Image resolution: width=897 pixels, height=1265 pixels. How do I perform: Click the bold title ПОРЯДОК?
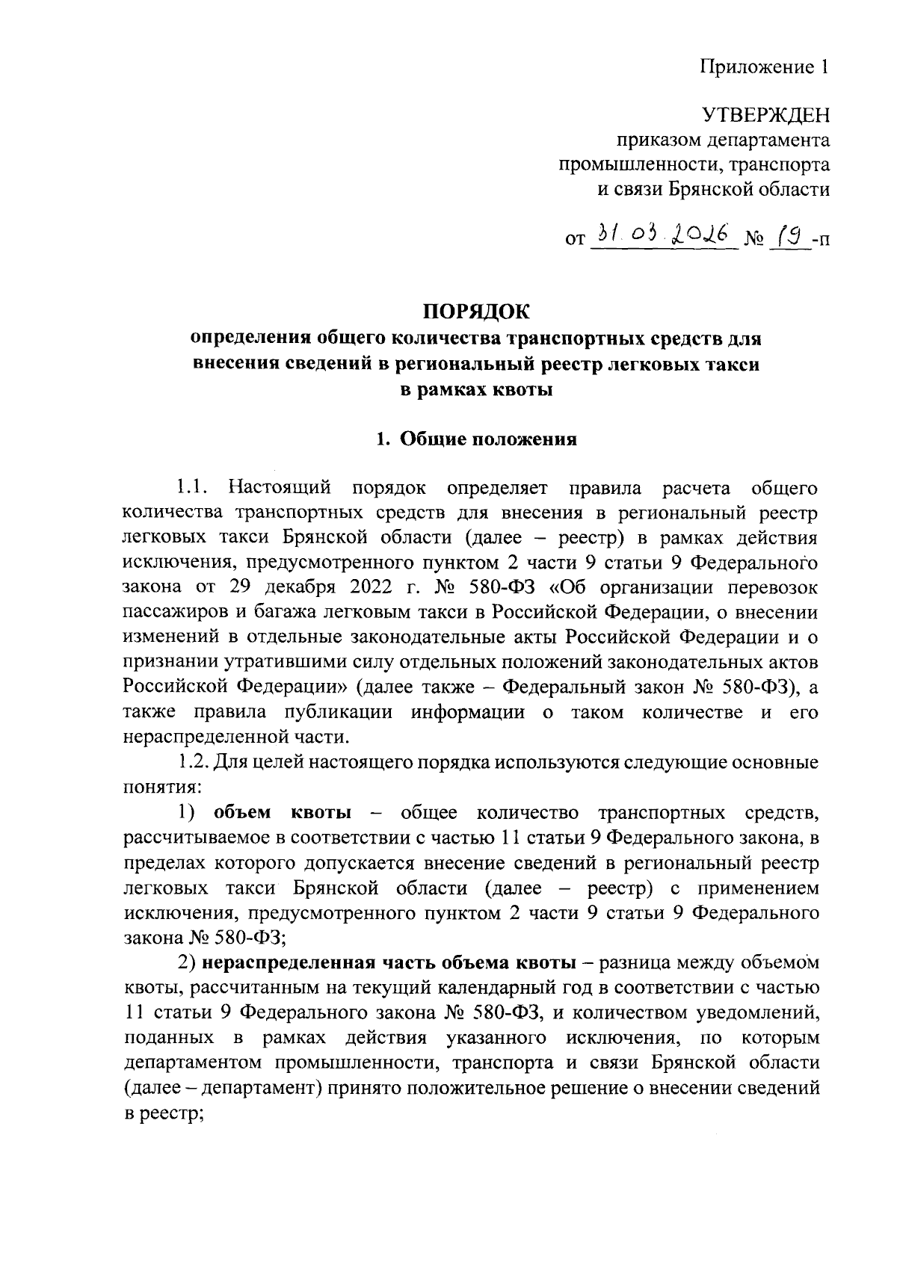(476, 309)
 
